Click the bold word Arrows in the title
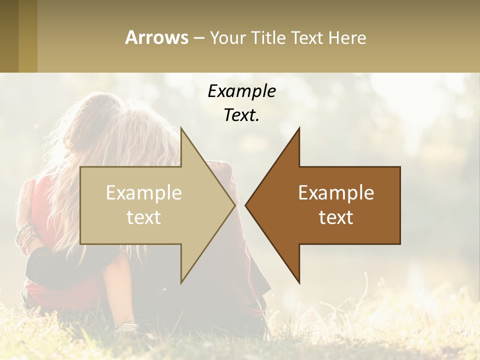pos(156,37)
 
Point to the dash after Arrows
pos(198,38)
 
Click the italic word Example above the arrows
pos(241,91)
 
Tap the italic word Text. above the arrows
pos(241,115)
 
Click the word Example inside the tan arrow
pos(144,193)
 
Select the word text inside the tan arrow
pos(144,217)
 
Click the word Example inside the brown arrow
pos(336,193)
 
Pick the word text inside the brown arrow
pos(336,217)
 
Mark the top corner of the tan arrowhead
pos(181,128)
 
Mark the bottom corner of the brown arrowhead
pos(299,282)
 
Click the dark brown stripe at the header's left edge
pos(9,36)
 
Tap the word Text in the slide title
pos(307,37)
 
